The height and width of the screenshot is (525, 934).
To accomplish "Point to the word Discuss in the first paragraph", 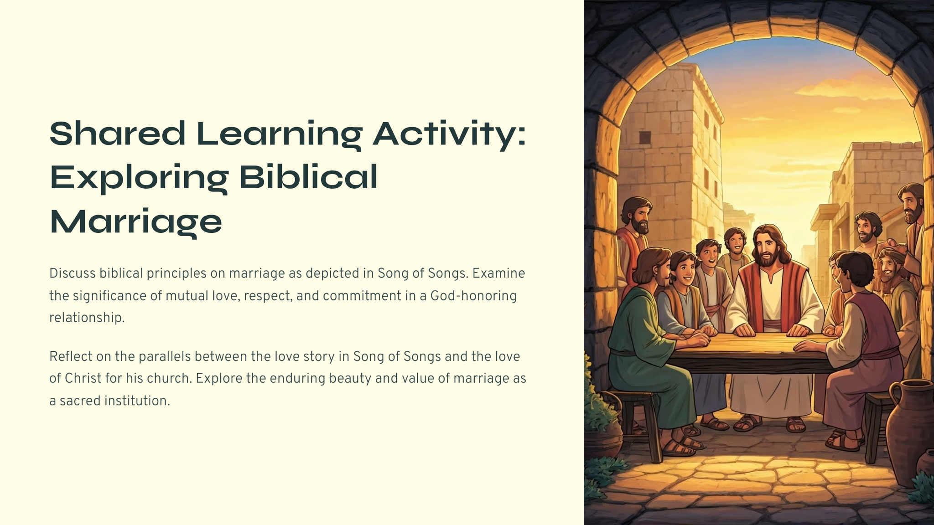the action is pyautogui.click(x=73, y=273).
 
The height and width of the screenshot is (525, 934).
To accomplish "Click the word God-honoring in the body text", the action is pyautogui.click(x=473, y=296).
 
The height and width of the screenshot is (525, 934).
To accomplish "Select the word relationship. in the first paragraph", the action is pyautogui.click(x=87, y=318).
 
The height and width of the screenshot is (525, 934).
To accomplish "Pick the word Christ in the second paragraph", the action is pyautogui.click(x=83, y=378).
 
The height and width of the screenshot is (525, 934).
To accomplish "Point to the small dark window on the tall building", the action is pyautogui.click(x=645, y=137).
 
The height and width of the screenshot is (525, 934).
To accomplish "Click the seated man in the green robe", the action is pyautogui.click(x=652, y=346).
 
